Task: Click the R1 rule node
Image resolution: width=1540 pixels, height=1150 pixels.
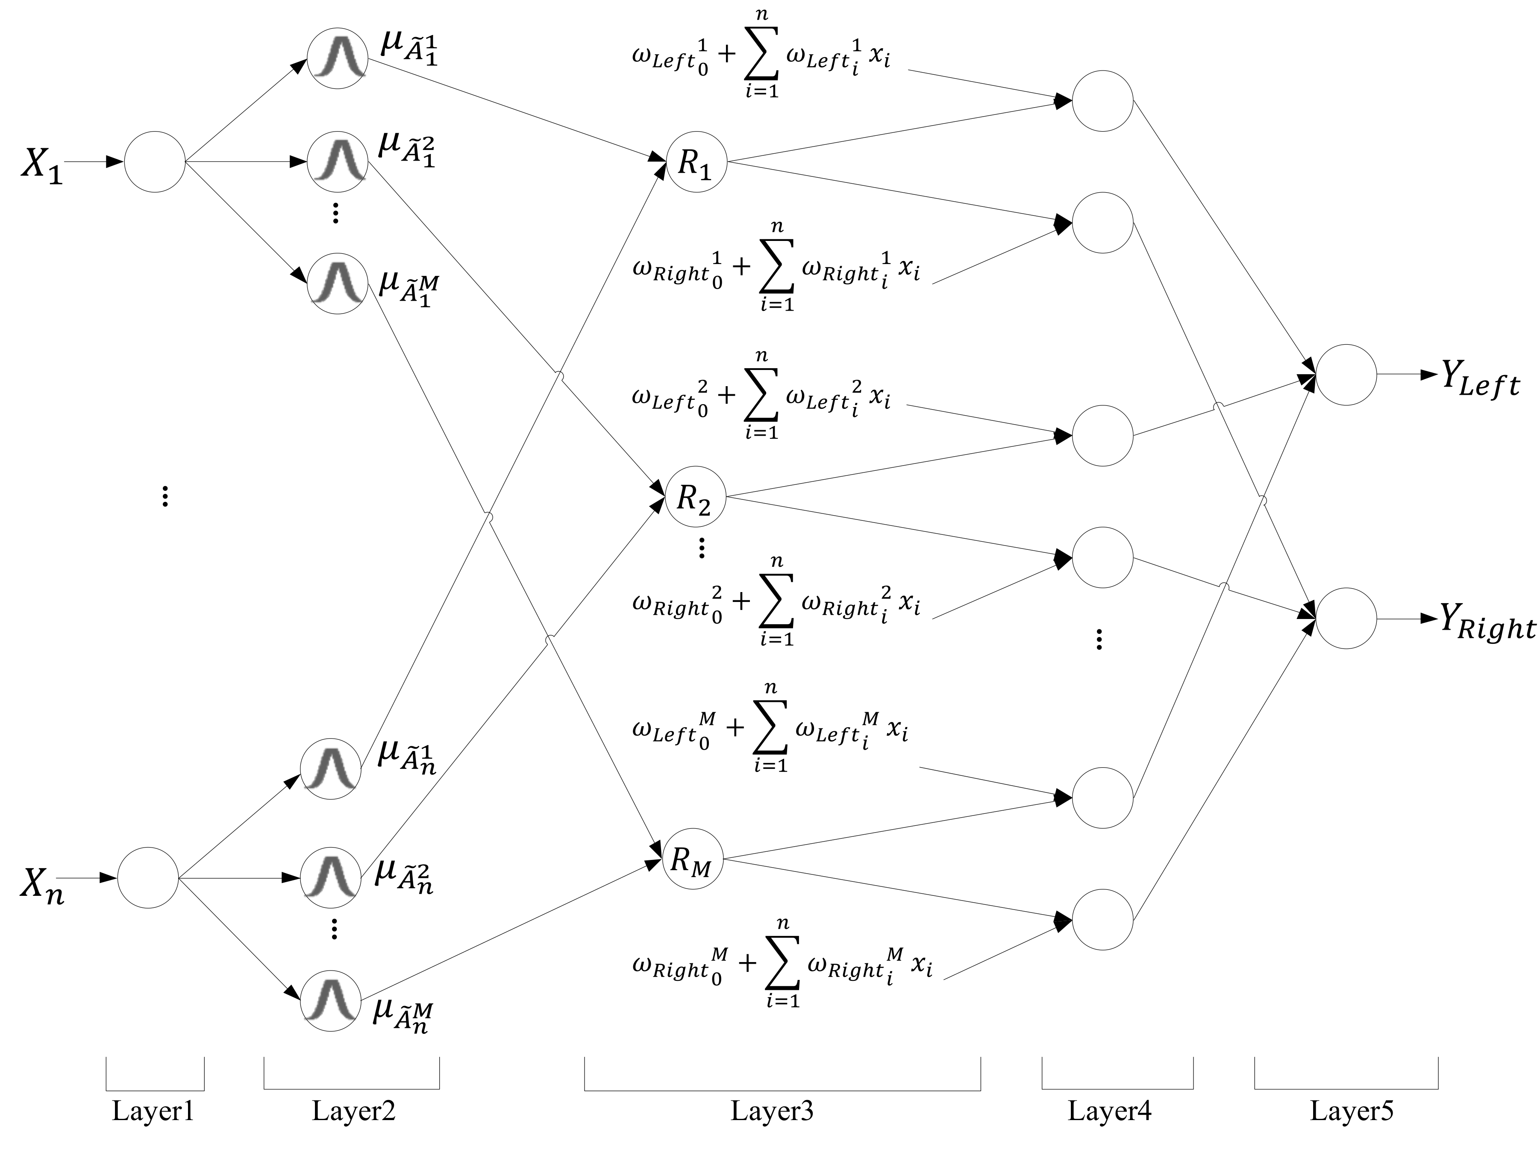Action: click(x=696, y=161)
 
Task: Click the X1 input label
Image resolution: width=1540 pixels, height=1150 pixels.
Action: click(x=42, y=165)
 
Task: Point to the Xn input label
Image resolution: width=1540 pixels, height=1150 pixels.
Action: click(x=42, y=886)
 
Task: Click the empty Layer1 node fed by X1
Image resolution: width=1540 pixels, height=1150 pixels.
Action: click(x=155, y=161)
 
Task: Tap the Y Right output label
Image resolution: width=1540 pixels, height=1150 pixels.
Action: click(x=1487, y=622)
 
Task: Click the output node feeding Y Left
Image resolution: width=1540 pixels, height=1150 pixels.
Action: click(x=1346, y=375)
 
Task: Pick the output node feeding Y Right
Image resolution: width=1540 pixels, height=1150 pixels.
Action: click(x=1346, y=618)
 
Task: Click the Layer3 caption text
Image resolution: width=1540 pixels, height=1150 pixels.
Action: click(x=771, y=1111)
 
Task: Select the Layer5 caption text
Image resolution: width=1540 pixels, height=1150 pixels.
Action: click(x=1351, y=1111)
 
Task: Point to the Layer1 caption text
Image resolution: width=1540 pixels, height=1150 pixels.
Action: click(x=153, y=1111)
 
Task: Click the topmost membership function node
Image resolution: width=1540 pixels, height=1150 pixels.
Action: click(x=338, y=59)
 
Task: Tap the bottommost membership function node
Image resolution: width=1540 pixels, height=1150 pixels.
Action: click(x=331, y=1000)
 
